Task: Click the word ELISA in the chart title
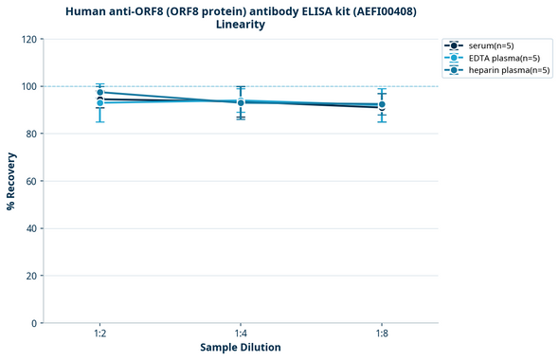point(302,10)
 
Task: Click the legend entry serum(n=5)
point(491,45)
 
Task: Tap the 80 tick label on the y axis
point(30,134)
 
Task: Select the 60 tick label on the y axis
point(30,181)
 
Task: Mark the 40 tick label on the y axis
point(30,228)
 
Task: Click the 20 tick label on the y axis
point(30,276)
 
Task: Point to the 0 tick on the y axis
point(33,323)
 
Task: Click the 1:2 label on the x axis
point(99,334)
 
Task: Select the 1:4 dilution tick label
point(241,334)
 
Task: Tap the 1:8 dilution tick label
point(382,334)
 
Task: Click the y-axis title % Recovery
point(11,181)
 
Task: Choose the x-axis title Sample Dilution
point(241,348)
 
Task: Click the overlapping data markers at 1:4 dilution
point(241,102)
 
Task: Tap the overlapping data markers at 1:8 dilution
point(382,105)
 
